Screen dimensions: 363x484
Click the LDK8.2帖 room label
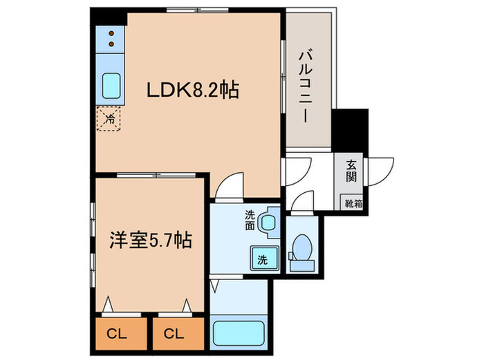[191, 91]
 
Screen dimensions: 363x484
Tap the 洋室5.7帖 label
[150, 241]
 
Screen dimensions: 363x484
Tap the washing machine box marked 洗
[263, 259]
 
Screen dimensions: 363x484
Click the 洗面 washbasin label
[250, 220]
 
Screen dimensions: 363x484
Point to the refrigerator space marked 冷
[109, 119]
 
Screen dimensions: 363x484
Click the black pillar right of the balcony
[343, 129]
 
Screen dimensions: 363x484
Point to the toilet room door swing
[301, 201]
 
